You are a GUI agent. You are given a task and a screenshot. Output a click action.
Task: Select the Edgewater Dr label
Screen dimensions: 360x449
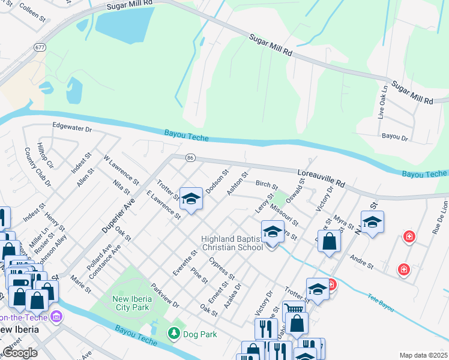(71, 127)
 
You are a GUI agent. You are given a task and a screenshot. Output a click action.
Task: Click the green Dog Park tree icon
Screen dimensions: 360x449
(174, 332)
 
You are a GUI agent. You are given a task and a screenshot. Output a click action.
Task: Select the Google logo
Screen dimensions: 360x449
(20, 353)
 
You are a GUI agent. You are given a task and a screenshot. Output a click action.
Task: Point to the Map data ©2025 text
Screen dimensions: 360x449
(423, 355)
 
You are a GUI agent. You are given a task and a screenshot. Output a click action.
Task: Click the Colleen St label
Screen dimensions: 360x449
(32, 11)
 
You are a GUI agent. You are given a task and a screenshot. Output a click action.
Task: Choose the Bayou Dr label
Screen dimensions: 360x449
(394, 137)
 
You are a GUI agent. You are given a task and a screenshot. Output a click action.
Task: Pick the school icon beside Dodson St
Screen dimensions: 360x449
(191, 199)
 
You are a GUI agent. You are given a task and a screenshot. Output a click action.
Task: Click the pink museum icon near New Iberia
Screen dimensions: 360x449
(56, 315)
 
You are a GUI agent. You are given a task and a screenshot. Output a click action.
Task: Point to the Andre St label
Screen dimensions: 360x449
(362, 264)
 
